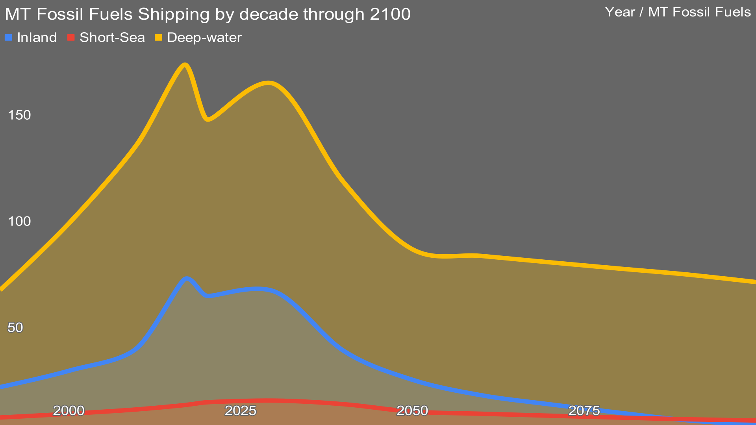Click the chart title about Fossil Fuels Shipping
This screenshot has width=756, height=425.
click(x=208, y=15)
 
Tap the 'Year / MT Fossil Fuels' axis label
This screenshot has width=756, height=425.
click(x=678, y=12)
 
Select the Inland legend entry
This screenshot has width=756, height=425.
click(x=37, y=38)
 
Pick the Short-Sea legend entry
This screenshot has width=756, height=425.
click(x=112, y=38)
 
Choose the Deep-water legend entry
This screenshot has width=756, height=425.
click(x=204, y=38)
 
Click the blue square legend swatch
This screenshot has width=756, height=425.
click(x=9, y=38)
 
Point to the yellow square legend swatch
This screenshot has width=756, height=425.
click(x=159, y=38)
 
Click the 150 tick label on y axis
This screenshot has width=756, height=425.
click(x=19, y=115)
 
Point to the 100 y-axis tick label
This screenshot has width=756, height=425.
click(x=19, y=222)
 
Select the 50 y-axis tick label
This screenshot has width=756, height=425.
click(x=15, y=328)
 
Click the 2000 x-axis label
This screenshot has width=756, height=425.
click(x=69, y=411)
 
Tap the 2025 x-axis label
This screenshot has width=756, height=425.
click(x=240, y=411)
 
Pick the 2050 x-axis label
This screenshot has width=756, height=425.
click(x=412, y=411)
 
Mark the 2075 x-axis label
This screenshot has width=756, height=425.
click(x=584, y=411)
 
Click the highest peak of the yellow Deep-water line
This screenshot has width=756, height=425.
click(x=185, y=65)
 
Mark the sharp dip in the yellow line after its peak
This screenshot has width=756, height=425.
click(x=208, y=119)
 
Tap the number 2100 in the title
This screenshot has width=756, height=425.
click(x=390, y=15)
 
